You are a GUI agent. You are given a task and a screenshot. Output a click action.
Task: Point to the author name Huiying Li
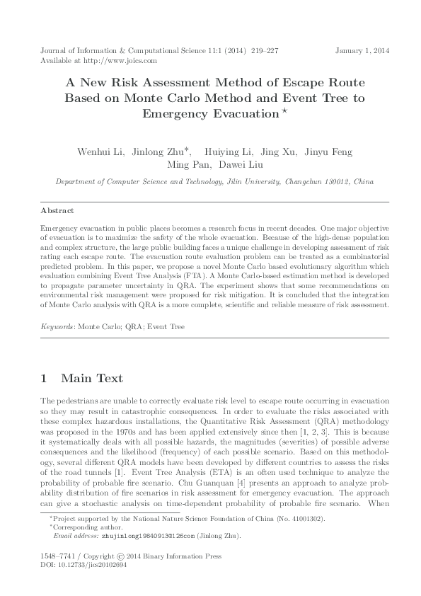226,152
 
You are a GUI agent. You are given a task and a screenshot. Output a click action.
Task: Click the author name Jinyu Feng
328,152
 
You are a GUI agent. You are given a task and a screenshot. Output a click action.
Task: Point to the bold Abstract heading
57,211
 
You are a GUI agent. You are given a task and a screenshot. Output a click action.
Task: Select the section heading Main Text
91,379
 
